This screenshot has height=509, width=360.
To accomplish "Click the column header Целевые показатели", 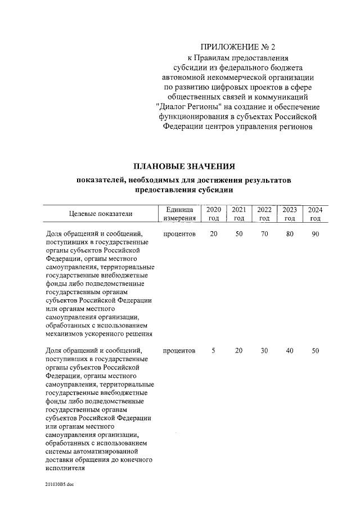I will pos(101,213).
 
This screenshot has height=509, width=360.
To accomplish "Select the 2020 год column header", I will pos(213,213).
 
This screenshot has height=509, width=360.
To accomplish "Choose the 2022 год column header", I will pos(264,213).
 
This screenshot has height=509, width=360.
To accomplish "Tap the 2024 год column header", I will pos(315,213).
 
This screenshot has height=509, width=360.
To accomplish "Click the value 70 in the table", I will pos(264,233).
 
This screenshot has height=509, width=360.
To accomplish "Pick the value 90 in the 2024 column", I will pos(315,233).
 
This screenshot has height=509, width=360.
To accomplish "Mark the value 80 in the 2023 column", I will pos(290,233).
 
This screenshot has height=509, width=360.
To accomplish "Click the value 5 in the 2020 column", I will pos(213,351).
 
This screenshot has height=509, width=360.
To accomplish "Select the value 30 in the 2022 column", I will pos(264,351).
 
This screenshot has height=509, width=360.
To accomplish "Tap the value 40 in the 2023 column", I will pos(290,351).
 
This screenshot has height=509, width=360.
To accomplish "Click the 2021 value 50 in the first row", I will pos(238,233).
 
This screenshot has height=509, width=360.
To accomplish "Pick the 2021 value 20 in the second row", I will pos(238,351).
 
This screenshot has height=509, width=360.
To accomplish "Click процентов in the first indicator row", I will pos(179,233).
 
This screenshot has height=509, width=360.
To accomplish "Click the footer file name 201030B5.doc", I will pos(60,484).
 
